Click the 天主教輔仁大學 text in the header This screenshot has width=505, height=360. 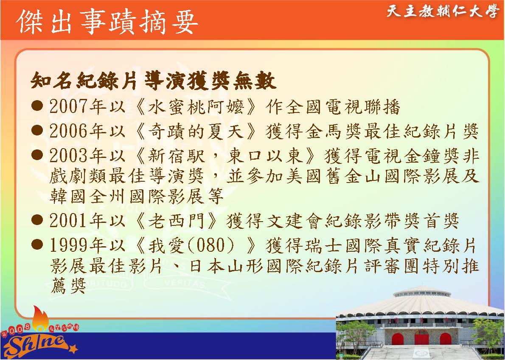click(443, 11)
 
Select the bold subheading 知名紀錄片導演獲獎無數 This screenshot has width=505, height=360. click(153, 81)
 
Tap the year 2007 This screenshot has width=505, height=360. click(69, 107)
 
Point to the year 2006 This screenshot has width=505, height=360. click(69, 132)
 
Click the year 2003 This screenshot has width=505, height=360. click(69, 156)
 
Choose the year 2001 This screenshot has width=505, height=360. click(69, 220)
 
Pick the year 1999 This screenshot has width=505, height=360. click(69, 245)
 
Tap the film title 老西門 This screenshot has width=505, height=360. click(176, 220)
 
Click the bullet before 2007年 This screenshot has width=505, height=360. click(37, 106)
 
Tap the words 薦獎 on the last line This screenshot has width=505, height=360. click(68, 285)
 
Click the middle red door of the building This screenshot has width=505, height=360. click(421, 337)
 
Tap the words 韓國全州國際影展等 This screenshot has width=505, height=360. click(137, 196)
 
